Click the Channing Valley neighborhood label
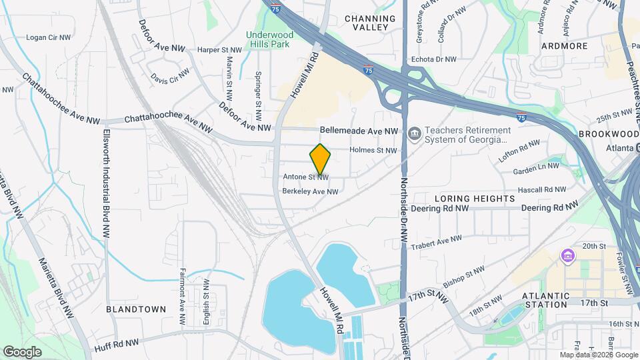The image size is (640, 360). (367, 23)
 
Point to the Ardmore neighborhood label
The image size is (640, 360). (564, 46)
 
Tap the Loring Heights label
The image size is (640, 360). (475, 199)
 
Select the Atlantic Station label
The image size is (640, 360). (546, 299)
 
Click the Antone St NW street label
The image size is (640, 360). (306, 177)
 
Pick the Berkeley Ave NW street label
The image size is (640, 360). (311, 192)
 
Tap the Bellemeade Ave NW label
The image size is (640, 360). (359, 131)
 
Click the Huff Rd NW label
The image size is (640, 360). (117, 342)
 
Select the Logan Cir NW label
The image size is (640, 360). (48, 37)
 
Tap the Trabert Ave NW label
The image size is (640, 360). (437, 239)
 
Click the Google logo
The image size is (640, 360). (22, 351)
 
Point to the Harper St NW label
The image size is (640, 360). (220, 50)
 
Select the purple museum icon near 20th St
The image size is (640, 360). (568, 256)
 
